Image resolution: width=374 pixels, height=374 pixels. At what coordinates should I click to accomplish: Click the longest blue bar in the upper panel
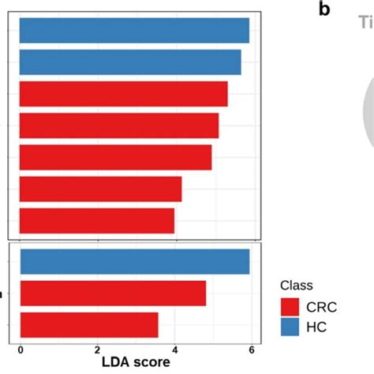(134, 31)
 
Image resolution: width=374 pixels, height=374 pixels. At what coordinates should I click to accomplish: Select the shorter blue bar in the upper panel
(130, 62)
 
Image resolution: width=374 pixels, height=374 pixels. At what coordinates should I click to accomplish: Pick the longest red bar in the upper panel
(123, 94)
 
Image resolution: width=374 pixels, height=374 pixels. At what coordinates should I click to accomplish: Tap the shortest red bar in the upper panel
(96, 221)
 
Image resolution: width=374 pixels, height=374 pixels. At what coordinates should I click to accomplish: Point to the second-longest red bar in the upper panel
(119, 125)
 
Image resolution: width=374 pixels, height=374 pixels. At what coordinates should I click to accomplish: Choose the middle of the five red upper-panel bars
(115, 157)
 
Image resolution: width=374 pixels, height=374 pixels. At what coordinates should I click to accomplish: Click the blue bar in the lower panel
(134, 261)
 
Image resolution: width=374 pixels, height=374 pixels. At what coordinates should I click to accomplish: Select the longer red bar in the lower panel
(113, 293)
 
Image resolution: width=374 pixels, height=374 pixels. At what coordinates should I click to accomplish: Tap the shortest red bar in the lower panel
(88, 324)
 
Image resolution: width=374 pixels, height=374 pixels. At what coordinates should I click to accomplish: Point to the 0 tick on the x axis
(21, 350)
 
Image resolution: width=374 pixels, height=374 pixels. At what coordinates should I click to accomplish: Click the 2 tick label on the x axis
(97, 350)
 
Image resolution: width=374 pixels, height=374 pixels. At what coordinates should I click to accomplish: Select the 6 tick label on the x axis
(250, 350)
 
